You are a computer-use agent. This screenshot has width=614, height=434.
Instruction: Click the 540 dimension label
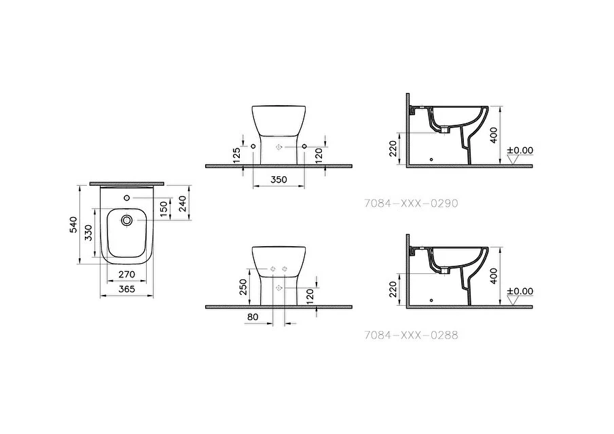point(73,225)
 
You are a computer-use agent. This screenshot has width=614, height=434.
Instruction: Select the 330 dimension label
point(88,233)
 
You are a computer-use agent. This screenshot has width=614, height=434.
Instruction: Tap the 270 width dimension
point(127,275)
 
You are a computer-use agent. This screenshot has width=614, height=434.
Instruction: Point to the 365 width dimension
point(127,289)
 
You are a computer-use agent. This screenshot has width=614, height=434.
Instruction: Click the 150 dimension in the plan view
point(164,208)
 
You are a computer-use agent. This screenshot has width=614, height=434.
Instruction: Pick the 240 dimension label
point(183,203)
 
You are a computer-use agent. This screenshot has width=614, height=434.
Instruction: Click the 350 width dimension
point(278,180)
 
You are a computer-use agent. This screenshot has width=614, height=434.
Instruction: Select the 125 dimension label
point(236,155)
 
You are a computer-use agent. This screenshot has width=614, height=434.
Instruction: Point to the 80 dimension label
point(253,317)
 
